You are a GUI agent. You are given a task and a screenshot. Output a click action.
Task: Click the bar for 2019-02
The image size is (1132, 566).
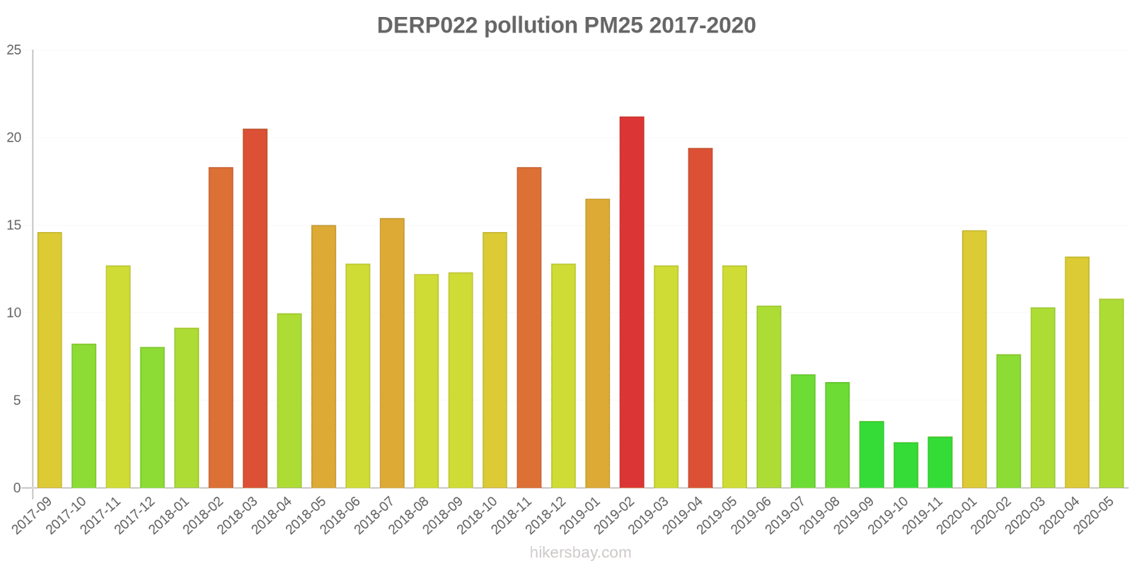coord(632,302)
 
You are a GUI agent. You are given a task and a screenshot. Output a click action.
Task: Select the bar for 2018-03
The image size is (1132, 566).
coord(255,308)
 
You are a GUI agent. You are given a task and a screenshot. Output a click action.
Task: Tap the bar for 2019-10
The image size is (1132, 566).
coord(906,465)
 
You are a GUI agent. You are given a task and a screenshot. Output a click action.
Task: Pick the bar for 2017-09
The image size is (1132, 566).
coord(50,360)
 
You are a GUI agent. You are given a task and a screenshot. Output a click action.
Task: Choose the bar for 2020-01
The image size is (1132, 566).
coord(974,359)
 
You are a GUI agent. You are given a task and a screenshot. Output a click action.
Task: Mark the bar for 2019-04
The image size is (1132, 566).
coord(700,318)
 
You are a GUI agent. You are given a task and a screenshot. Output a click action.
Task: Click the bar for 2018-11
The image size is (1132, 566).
coord(529,328)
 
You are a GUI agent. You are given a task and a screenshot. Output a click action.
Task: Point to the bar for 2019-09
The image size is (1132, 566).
coord(872,454)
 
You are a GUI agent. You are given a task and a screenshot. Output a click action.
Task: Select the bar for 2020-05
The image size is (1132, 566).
coord(1111,393)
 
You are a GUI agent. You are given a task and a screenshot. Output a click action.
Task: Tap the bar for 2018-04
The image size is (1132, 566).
coord(289,400)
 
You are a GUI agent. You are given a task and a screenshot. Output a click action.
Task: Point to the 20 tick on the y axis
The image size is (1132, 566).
coord(14,138)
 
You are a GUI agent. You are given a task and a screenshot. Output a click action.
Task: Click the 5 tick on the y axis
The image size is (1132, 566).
coord(18,400)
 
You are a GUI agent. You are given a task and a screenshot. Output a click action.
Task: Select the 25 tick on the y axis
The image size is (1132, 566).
coord(14,50)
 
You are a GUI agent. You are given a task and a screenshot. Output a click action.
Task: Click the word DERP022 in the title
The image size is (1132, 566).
coord(427,25)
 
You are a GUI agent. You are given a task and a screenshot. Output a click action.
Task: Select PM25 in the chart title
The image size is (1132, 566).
coord(613,25)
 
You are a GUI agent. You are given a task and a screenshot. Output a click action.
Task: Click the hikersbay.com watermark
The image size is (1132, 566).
coord(580,553)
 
